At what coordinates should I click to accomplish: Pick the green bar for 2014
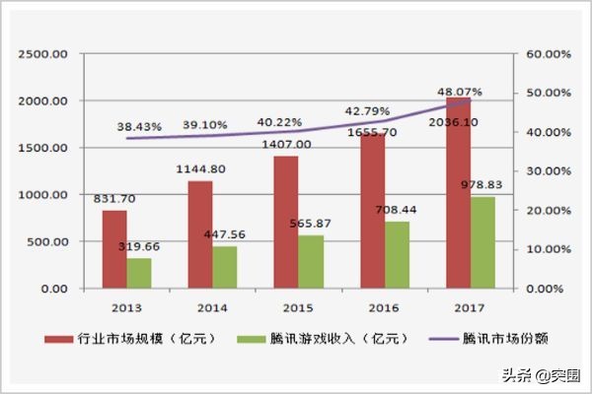click(x=225, y=267)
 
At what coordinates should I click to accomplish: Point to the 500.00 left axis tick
click(x=45, y=242)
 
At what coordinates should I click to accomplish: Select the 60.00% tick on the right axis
click(x=547, y=53)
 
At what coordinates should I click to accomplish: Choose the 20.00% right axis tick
click(x=547, y=211)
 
